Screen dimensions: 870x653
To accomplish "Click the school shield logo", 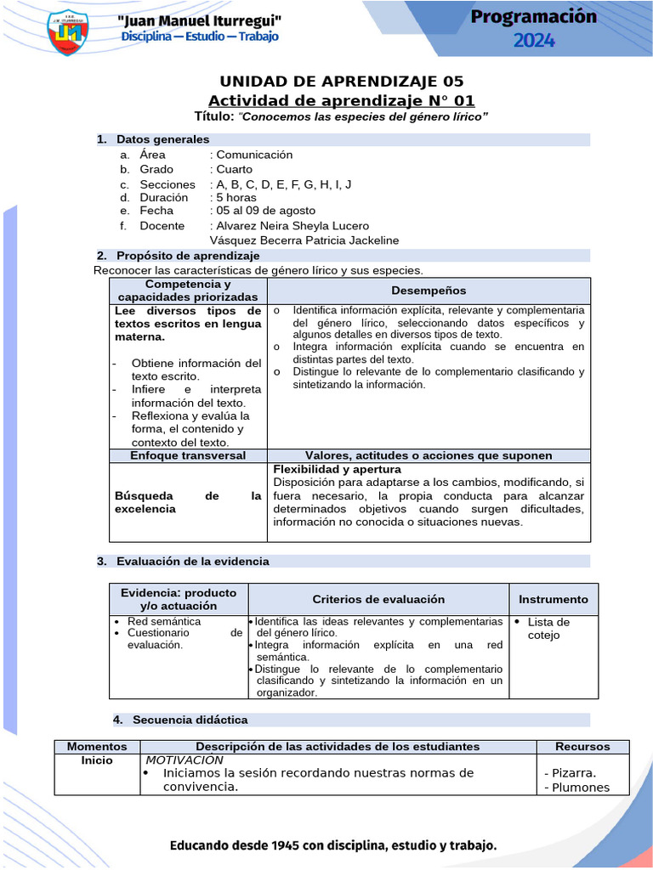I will pyautogui.click(x=66, y=31).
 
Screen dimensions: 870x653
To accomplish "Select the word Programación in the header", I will pyautogui.click(x=533, y=16).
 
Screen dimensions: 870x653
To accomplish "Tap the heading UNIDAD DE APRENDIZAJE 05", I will pyautogui.click(x=342, y=82).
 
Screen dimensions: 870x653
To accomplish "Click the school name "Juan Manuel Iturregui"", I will pyautogui.click(x=199, y=20).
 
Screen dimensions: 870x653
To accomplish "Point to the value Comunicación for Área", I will pyautogui.click(x=254, y=155).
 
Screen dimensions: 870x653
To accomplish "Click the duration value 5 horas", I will pyautogui.click(x=236, y=197).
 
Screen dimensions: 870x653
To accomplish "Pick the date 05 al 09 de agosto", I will pyautogui.click(x=265, y=211).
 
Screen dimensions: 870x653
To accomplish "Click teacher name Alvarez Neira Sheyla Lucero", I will pyautogui.click(x=292, y=226).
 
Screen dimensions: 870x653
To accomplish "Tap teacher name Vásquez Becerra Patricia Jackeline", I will pyautogui.click(x=304, y=240).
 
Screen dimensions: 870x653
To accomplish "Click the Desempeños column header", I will pyautogui.click(x=429, y=291).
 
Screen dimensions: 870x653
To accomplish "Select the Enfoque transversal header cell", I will pyautogui.click(x=188, y=455).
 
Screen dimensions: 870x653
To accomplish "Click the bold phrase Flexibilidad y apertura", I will pyautogui.click(x=337, y=469).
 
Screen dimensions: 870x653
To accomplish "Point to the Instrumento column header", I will pyautogui.click(x=554, y=599).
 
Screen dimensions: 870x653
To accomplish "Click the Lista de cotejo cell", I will pyautogui.click(x=548, y=629).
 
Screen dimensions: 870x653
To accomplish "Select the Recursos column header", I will pyautogui.click(x=582, y=746).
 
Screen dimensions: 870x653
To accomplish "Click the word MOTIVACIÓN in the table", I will pyautogui.click(x=185, y=760).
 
